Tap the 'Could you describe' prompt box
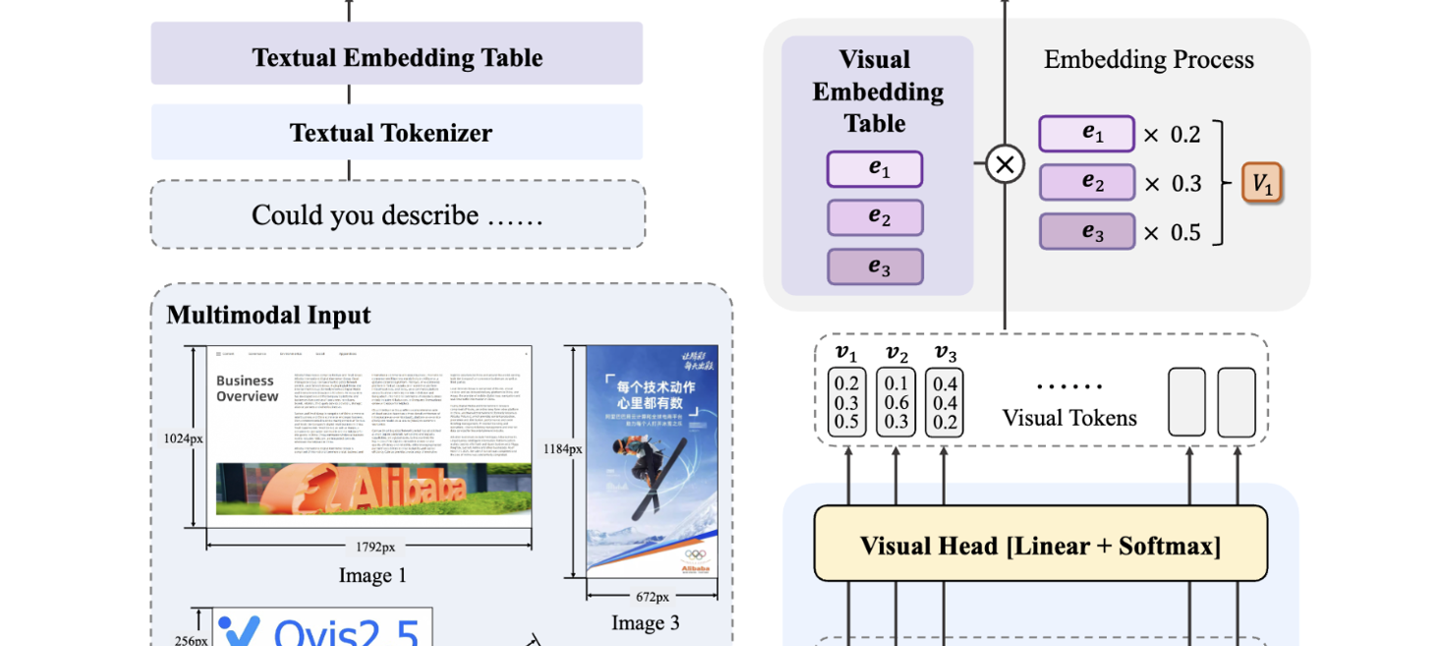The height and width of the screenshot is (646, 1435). [x=397, y=215]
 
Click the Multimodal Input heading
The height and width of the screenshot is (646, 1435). [x=268, y=315]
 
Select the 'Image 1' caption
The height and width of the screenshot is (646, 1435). [x=372, y=575]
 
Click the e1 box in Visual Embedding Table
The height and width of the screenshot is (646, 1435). [x=874, y=169]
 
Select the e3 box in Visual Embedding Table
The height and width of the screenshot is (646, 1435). [x=874, y=266]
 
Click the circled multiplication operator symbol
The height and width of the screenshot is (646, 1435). [x=1004, y=165]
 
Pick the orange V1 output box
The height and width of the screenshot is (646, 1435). [x=1262, y=183]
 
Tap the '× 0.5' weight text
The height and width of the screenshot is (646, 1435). [x=1172, y=232]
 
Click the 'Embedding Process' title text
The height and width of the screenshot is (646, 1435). [x=1148, y=60]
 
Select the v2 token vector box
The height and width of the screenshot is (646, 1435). [x=895, y=401]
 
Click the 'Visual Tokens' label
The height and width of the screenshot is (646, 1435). [x=1068, y=418]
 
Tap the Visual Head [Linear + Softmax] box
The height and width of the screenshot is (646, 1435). [x=1040, y=544]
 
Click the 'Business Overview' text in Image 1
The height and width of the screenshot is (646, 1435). [x=247, y=387]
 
